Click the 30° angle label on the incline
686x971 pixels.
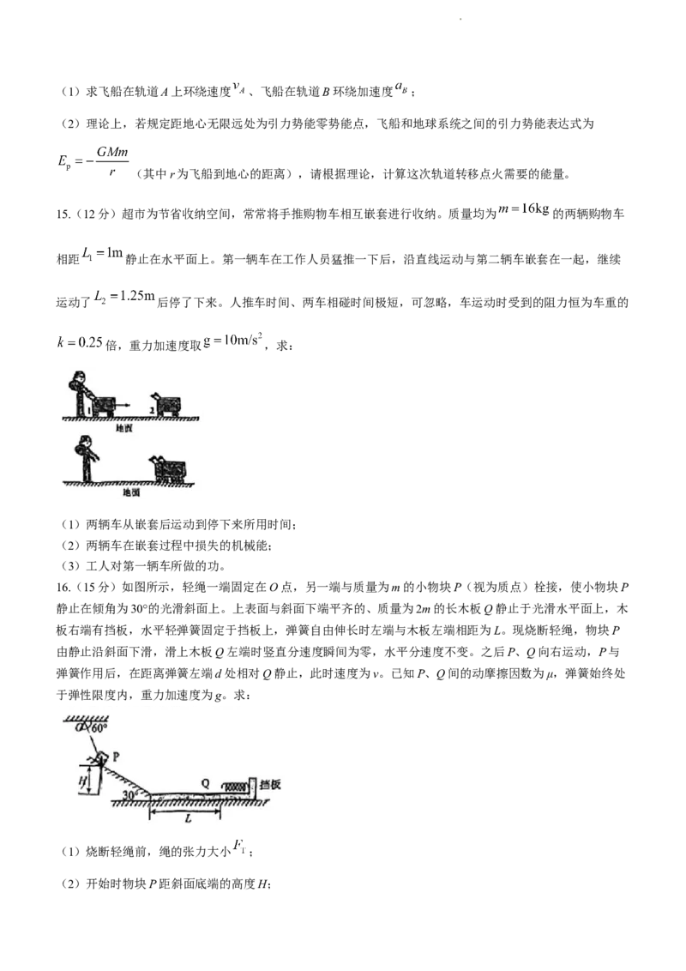click(129, 795)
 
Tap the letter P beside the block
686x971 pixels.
click(116, 757)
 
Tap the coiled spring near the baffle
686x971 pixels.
click(234, 786)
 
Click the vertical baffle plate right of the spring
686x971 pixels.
click(252, 787)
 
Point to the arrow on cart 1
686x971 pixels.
click(123, 402)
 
